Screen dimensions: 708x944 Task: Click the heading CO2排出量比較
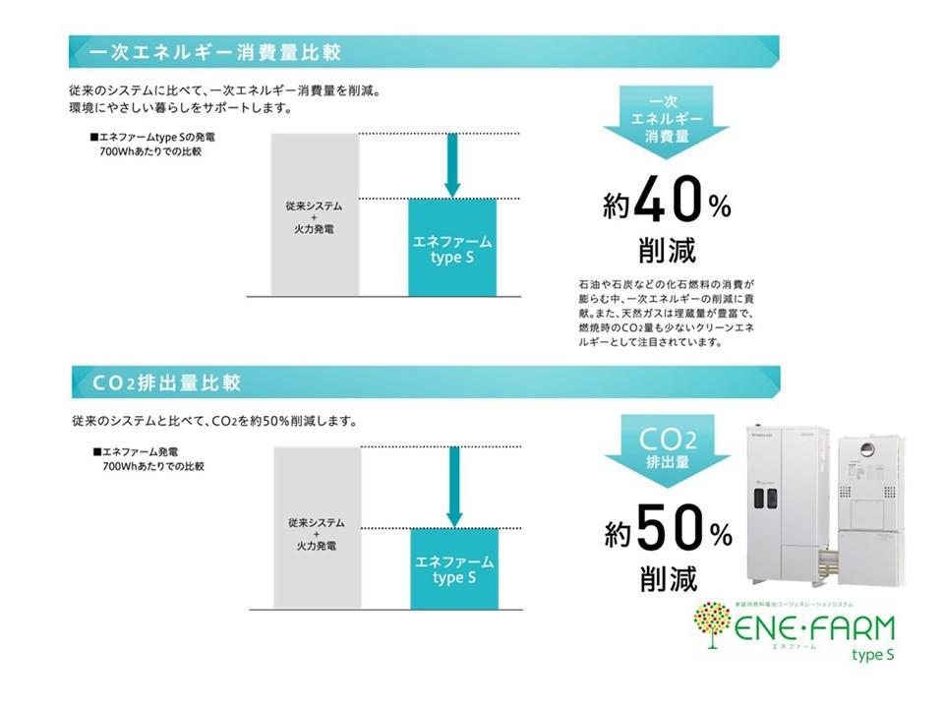coord(156,381)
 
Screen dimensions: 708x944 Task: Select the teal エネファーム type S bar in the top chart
coord(453,246)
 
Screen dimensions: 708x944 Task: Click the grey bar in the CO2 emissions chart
coord(317,528)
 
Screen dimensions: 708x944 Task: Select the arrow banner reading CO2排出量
coord(668,442)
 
